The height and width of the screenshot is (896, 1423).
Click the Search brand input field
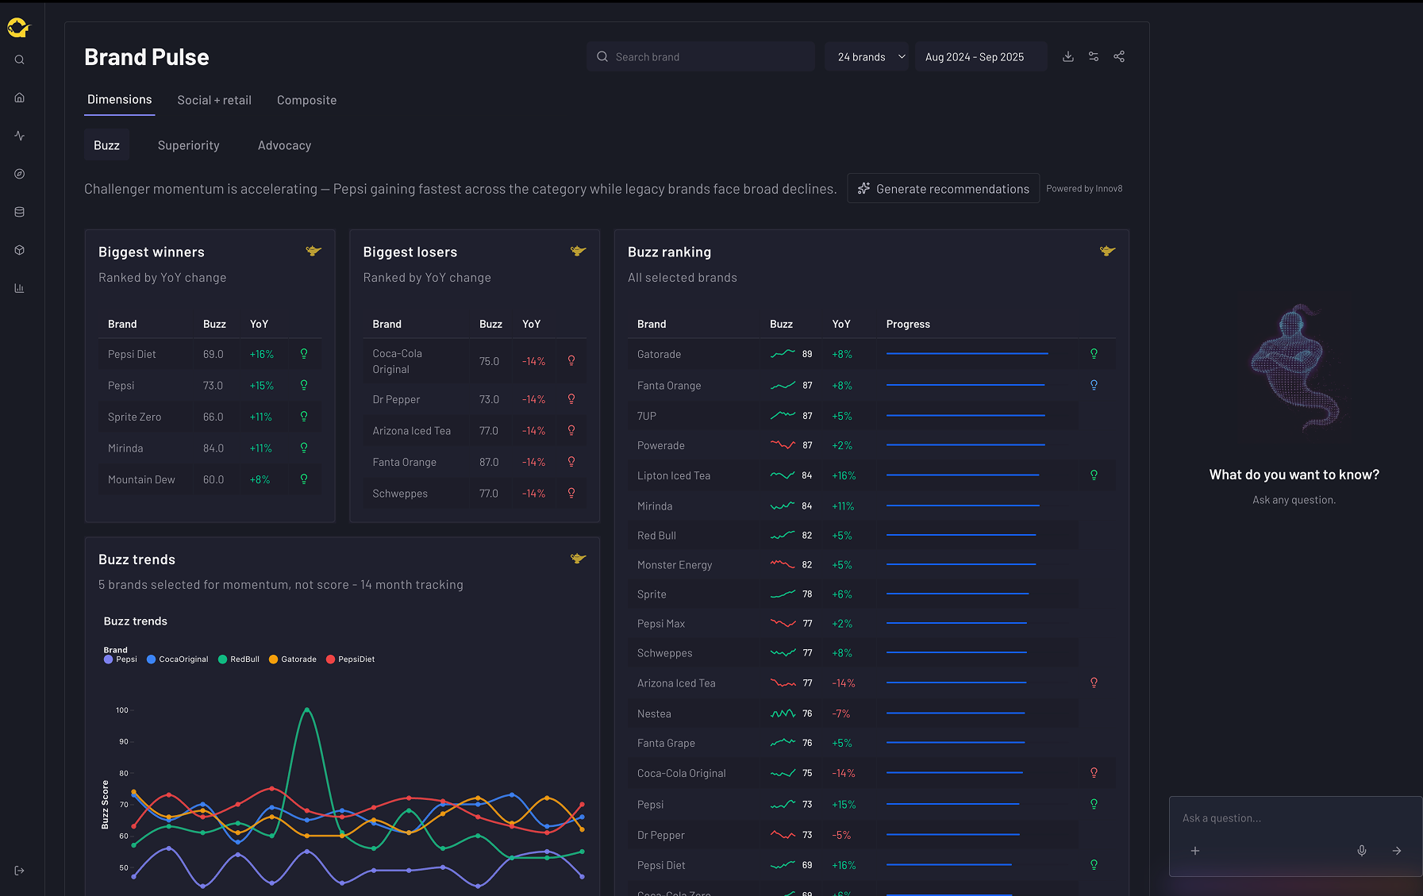click(701, 57)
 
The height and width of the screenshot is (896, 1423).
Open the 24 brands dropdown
click(867, 57)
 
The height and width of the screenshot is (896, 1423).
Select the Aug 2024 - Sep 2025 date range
click(981, 57)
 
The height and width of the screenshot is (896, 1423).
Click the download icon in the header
click(1068, 56)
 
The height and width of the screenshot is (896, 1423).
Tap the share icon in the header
click(1119, 56)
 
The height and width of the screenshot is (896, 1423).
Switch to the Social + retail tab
click(214, 100)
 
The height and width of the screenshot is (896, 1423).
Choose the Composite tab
click(306, 100)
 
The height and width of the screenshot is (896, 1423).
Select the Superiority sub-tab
click(188, 145)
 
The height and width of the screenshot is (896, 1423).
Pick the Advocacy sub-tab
click(284, 145)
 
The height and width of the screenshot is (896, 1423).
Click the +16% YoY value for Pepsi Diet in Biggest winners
click(261, 355)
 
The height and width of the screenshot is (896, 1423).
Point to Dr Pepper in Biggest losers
click(396, 400)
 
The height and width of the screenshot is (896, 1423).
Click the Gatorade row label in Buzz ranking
click(659, 355)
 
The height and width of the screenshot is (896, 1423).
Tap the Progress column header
click(908, 324)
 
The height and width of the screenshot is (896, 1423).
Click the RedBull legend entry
click(239, 660)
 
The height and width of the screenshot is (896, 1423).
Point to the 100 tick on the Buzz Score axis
click(122, 710)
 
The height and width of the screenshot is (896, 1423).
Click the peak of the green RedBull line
click(306, 709)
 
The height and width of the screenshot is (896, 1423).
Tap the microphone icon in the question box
click(1362, 851)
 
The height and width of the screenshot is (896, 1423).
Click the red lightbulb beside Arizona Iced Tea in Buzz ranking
click(1094, 683)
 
